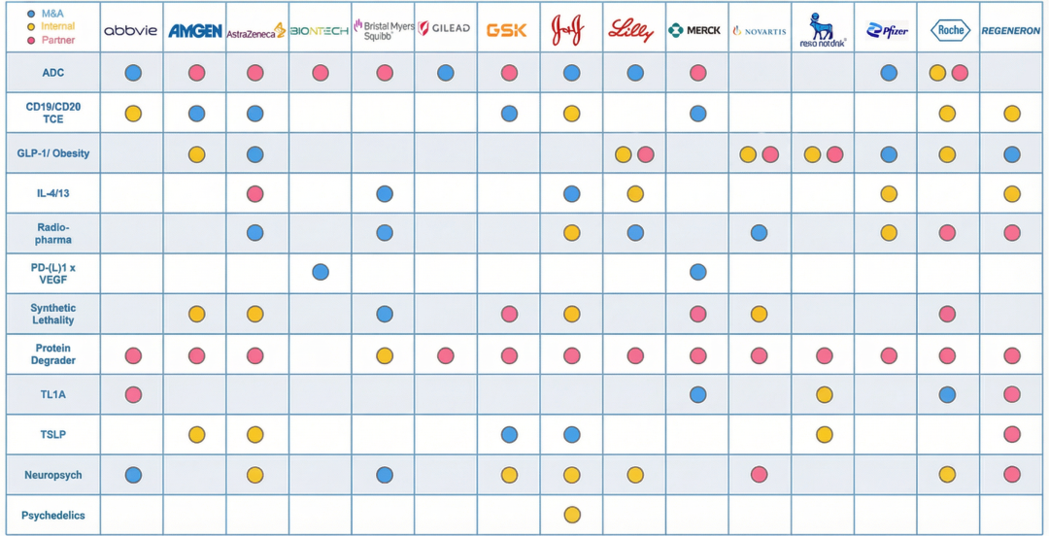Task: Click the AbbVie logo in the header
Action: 130,30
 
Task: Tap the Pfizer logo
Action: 887,30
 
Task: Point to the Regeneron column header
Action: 1011,30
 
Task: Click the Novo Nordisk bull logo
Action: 822,28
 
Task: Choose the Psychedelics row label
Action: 52,515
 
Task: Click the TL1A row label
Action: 52,394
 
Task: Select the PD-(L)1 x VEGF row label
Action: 52,273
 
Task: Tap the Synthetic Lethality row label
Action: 52,314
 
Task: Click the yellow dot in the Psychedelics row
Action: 571,515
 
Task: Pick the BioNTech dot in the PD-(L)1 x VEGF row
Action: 321,272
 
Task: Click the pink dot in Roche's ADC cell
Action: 960,73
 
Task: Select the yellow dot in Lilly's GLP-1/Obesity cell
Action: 623,154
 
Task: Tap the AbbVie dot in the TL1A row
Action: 133,394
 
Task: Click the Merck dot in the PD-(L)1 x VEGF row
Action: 697,272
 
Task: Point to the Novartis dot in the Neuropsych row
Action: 759,474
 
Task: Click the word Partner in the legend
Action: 58,40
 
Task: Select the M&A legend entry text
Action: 52,14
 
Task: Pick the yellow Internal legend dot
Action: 33,27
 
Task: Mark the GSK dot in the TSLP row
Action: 509,434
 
